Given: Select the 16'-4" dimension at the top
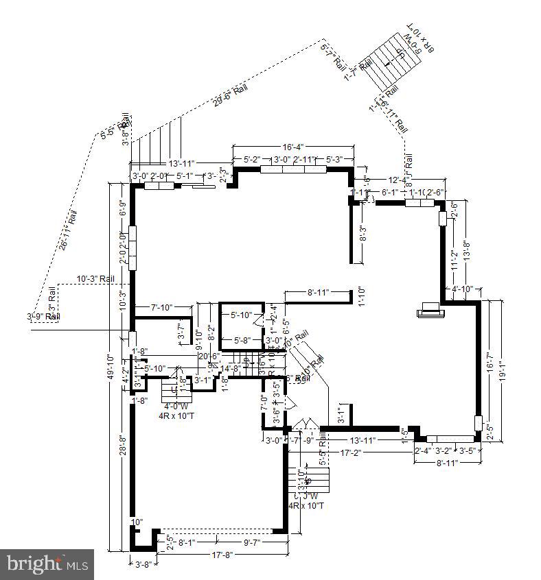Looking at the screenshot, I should coord(293,147).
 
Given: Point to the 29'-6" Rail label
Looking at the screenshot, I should coord(230,94).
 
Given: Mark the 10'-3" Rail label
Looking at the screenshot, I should coord(95,279).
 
